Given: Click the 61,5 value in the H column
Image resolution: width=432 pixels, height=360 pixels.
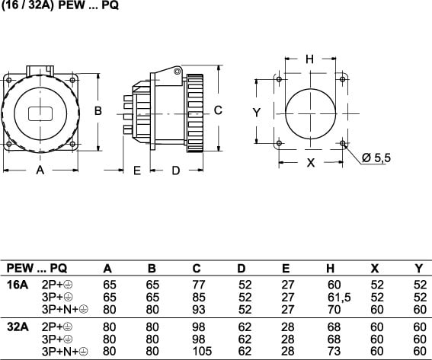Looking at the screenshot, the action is coord(339,298).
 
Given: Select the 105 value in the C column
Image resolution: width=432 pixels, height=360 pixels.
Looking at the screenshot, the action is coord(202,351).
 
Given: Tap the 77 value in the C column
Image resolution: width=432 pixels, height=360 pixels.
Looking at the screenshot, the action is coord(199,285).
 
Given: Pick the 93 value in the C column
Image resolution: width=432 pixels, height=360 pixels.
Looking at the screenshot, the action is coord(199,309).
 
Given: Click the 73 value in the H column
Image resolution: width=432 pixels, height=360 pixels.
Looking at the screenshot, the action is coord(334,351).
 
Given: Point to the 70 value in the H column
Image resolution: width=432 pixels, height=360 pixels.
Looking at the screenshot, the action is coord(334,309).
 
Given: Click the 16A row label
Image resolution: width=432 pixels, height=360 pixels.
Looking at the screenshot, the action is coord(18,285).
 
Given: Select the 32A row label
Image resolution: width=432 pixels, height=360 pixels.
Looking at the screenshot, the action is coord(18,327).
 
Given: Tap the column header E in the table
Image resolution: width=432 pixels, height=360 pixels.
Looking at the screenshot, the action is coord(286,269).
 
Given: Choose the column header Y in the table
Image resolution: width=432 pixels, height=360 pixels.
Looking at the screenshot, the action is coord(419,269).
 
